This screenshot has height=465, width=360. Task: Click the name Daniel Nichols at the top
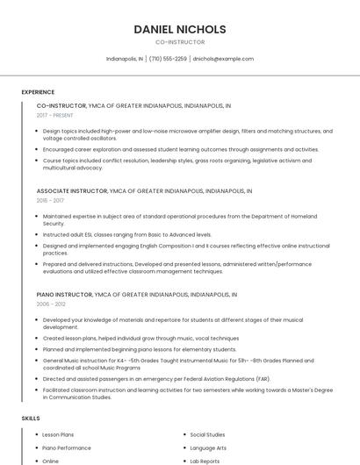point(180,29)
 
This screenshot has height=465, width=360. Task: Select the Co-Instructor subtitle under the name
point(180,42)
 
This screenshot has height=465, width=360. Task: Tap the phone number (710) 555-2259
point(168,59)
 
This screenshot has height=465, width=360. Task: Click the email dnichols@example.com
point(223,59)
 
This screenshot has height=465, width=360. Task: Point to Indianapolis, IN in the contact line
point(124,59)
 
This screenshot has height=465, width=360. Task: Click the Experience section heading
point(38,92)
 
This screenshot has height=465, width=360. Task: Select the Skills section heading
point(31,418)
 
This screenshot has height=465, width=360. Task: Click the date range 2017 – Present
point(55,115)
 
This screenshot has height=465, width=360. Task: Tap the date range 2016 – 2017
point(50,200)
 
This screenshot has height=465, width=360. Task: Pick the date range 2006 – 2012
point(50,304)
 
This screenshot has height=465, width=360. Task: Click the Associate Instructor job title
point(71,190)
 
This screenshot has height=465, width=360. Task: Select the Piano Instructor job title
point(63,295)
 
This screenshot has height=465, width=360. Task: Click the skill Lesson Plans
point(58,434)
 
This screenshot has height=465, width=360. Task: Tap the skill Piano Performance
point(67,447)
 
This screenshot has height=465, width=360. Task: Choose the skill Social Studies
point(207,434)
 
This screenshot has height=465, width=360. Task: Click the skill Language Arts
point(208,447)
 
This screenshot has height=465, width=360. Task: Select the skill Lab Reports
point(205,461)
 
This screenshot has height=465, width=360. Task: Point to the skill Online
point(51,461)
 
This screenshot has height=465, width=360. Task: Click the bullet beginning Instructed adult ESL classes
point(127,235)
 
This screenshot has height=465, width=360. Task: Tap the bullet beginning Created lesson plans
point(140,338)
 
